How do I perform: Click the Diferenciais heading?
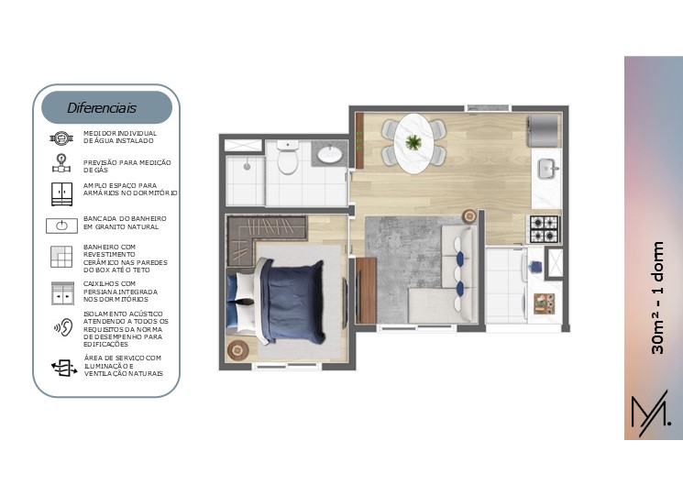[x=102, y=108]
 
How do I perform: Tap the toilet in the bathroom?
[x=288, y=157]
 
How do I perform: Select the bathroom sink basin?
[x=330, y=154]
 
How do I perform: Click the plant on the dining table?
[x=413, y=142]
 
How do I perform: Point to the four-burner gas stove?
[x=544, y=229]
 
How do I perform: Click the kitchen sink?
[x=546, y=169]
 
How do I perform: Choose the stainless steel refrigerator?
[x=543, y=130]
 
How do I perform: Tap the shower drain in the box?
[x=247, y=166]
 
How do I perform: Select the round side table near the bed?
[x=237, y=349]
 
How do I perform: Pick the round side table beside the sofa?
[x=469, y=216]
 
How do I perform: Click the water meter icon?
[x=61, y=138]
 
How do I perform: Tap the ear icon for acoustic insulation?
[x=63, y=327]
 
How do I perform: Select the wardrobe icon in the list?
[x=61, y=193]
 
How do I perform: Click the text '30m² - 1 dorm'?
[x=657, y=297]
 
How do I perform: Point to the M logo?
[x=650, y=413]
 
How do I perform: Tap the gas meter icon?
[x=61, y=163]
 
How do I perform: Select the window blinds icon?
[x=62, y=292]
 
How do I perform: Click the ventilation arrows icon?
[x=64, y=368]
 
